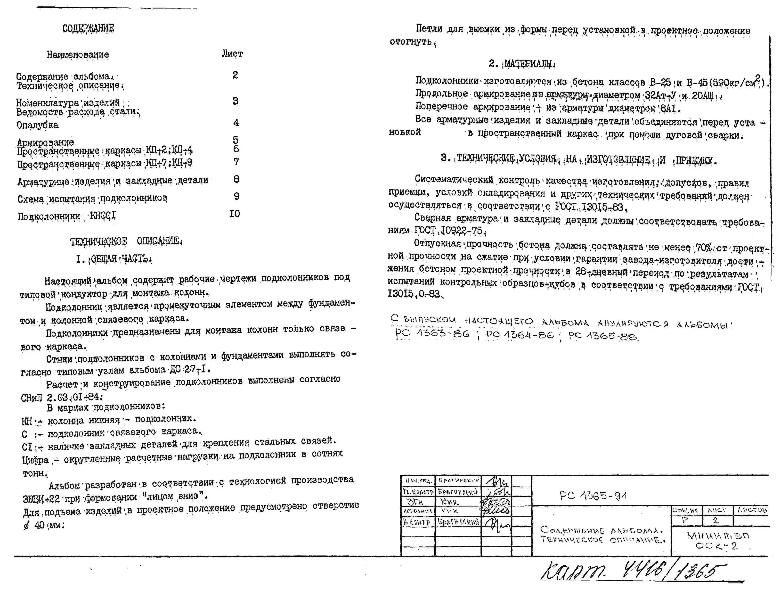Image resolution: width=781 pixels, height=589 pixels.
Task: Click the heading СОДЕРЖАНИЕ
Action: point(88,28)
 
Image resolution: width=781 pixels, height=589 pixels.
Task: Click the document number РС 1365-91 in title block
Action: point(593,496)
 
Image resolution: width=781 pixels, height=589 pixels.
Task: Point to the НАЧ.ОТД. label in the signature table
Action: point(418,480)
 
